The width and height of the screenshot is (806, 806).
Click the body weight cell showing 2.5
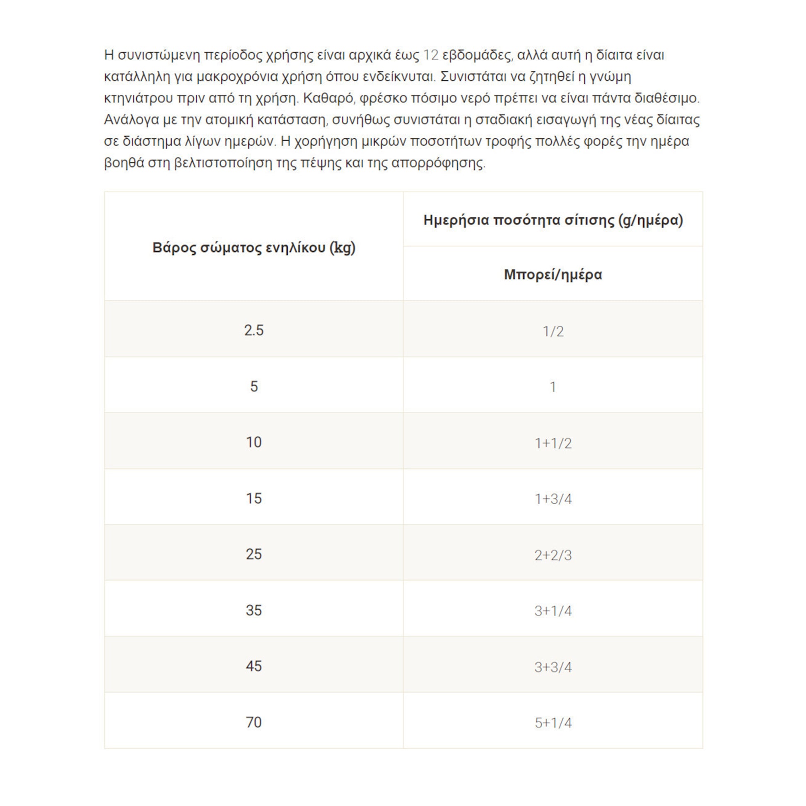[x=253, y=331]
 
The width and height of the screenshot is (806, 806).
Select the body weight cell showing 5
[x=253, y=386]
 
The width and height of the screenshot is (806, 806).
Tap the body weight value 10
[x=253, y=442]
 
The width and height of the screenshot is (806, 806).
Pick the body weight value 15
[x=253, y=498]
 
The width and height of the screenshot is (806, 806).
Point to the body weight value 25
[x=253, y=554]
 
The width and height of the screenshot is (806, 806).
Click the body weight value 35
[x=253, y=611]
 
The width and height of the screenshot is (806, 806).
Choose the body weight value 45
[x=253, y=666]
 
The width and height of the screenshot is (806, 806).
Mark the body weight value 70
[x=253, y=722]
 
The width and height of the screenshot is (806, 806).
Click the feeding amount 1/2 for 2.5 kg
[x=553, y=331]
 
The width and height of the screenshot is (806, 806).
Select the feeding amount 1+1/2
[x=553, y=443]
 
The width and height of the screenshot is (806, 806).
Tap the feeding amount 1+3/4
[x=553, y=499]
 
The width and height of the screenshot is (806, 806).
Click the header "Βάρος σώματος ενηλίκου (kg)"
[x=253, y=248]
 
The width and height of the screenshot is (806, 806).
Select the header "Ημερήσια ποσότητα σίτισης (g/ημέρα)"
[x=553, y=220]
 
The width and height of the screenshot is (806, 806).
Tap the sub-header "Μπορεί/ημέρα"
[x=553, y=275]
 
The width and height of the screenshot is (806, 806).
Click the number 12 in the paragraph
[x=430, y=55]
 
